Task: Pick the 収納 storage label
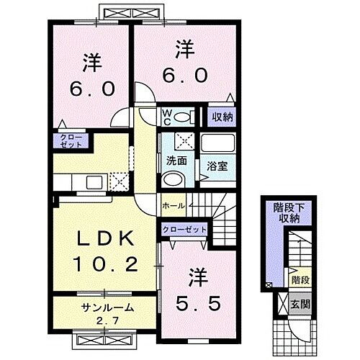[222, 115]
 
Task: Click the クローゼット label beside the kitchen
[71, 140]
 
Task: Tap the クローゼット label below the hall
[185, 230]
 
